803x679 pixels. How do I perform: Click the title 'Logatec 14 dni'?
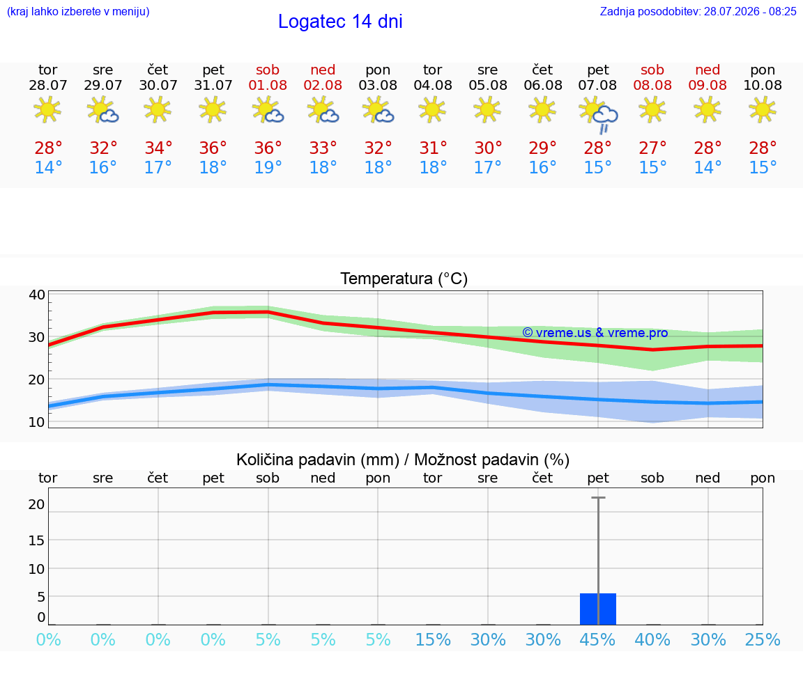(x=340, y=22)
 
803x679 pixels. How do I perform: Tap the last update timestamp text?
(x=698, y=12)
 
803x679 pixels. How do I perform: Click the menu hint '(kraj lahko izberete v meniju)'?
(x=78, y=12)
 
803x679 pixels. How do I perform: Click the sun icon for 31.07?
(x=213, y=109)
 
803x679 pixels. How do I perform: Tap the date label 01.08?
(x=268, y=86)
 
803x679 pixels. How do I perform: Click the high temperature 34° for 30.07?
(x=158, y=148)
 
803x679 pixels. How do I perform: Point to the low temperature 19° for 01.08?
(x=268, y=167)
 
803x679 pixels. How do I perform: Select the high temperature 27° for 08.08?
(x=652, y=148)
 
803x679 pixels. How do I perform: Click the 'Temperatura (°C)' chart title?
(x=404, y=279)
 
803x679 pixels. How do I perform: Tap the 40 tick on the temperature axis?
(x=37, y=295)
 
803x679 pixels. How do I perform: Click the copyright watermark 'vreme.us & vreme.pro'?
(x=595, y=333)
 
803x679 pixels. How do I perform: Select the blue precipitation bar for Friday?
(x=598, y=609)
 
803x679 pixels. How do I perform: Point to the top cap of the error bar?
(x=598, y=497)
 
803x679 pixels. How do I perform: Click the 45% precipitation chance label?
(x=597, y=639)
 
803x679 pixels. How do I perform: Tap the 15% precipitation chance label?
(x=433, y=639)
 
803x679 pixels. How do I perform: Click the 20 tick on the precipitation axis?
(x=37, y=504)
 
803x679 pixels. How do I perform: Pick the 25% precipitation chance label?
(x=763, y=639)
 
